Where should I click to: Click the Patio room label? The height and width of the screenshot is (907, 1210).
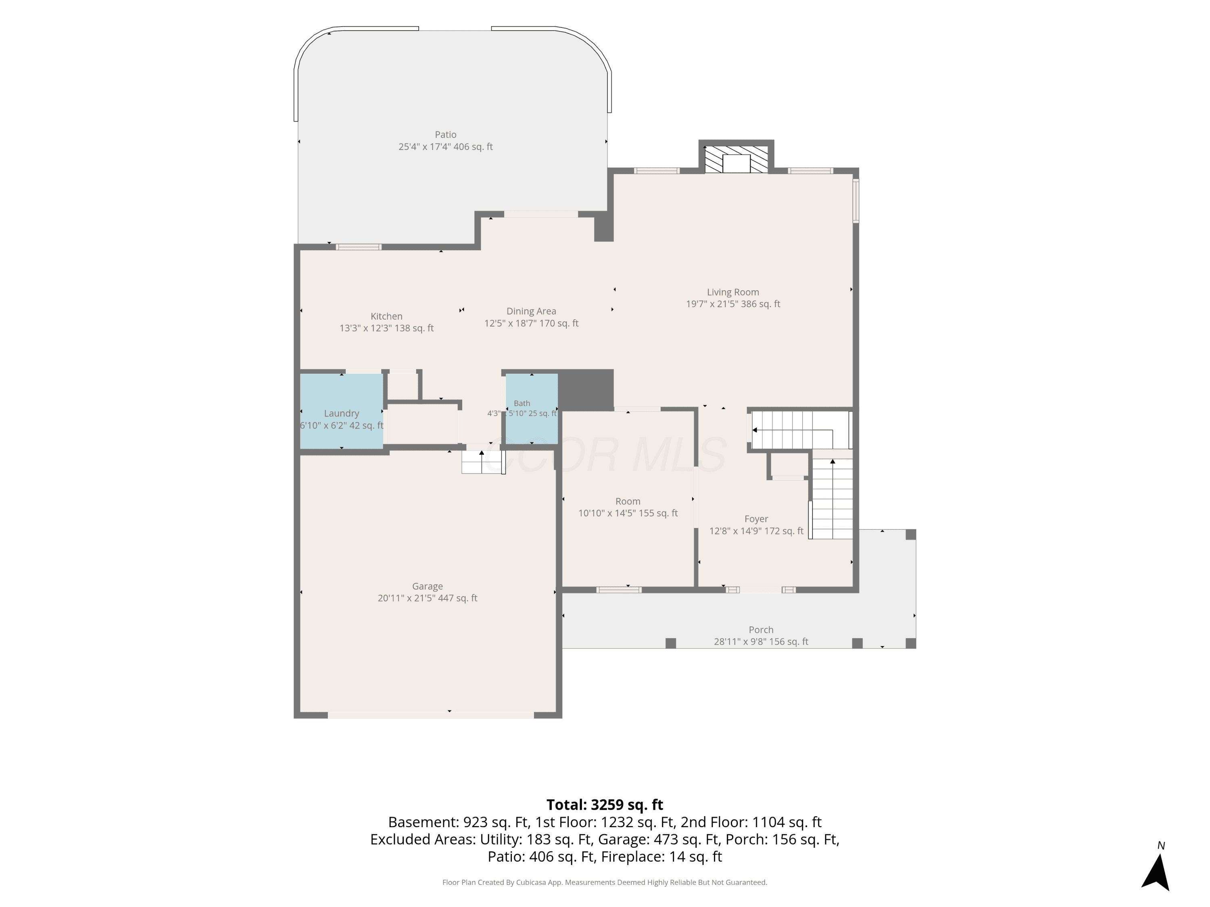click(445, 135)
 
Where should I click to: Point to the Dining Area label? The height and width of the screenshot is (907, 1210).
click(531, 311)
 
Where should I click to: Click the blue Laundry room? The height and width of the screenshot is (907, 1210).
click(341, 411)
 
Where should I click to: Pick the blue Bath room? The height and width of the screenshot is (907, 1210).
click(531, 408)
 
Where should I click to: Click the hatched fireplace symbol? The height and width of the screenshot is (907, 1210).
click(736, 159)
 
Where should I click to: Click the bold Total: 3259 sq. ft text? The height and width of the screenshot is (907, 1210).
click(605, 805)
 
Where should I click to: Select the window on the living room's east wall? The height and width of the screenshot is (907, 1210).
click(856, 201)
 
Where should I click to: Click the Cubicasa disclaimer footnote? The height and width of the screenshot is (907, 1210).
click(605, 882)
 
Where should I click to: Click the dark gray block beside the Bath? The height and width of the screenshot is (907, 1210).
click(585, 390)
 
